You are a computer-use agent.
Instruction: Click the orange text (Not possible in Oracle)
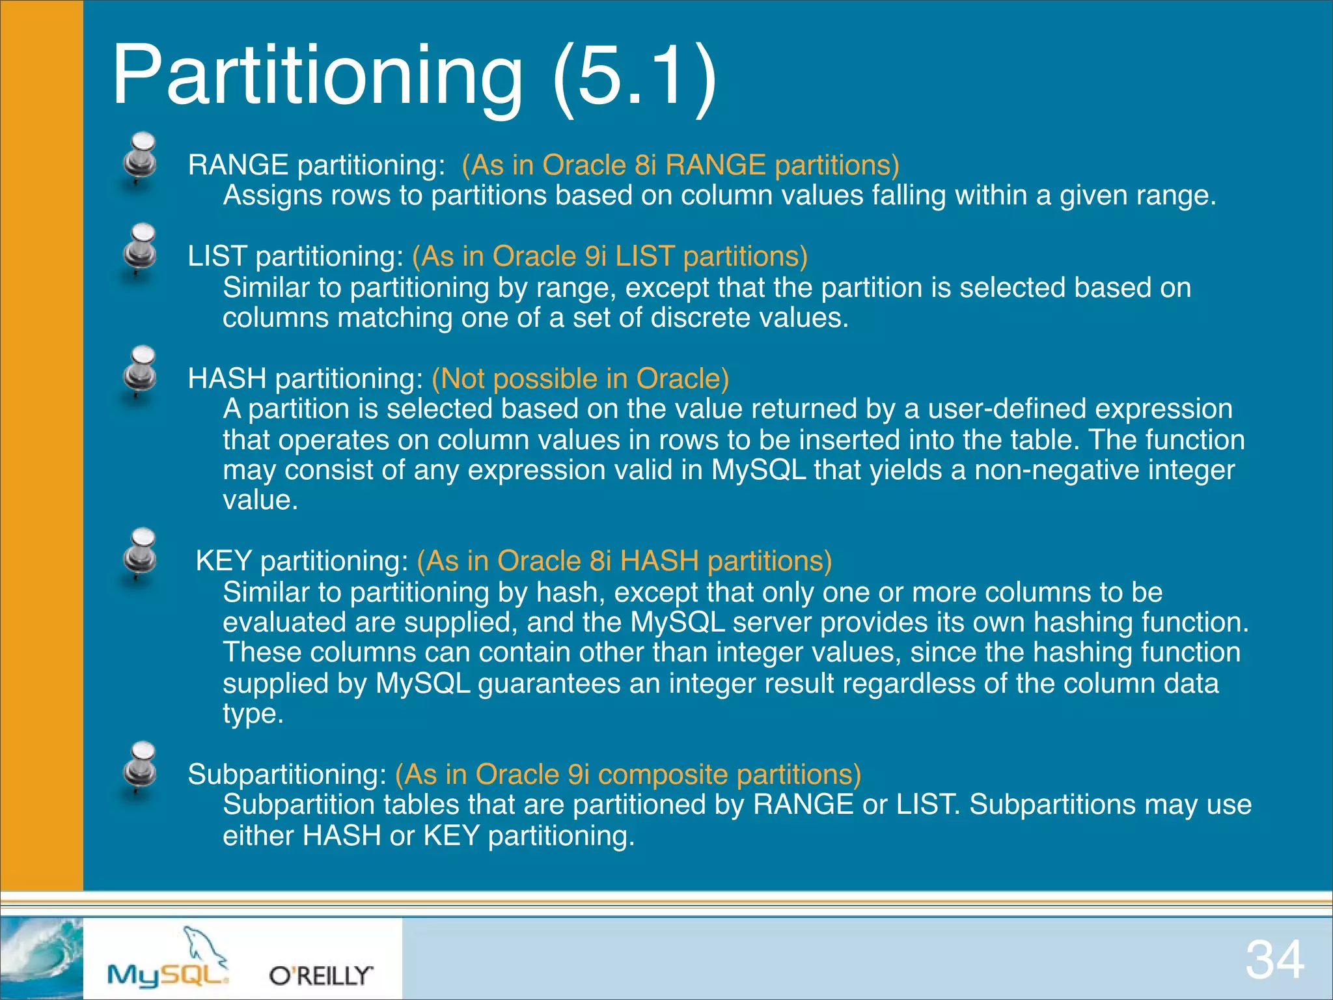pos(580,378)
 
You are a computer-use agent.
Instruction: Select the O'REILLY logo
pos(321,975)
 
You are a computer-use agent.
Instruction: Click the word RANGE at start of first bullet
pos(238,165)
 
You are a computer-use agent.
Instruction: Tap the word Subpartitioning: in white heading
pos(287,774)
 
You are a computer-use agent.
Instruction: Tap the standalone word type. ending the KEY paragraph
pos(253,714)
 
